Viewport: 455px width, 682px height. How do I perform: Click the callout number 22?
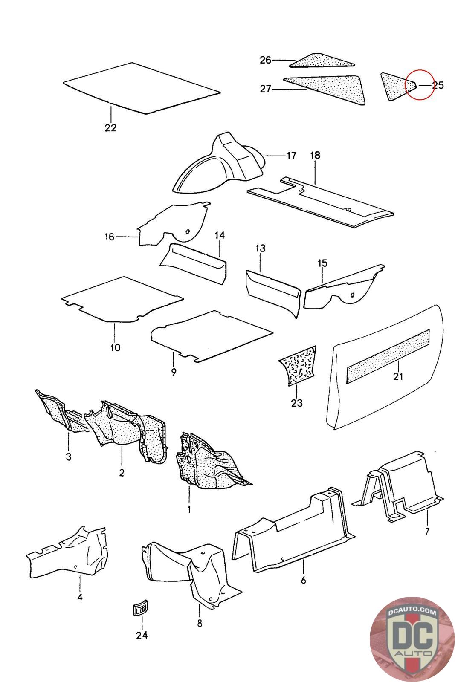tap(110, 128)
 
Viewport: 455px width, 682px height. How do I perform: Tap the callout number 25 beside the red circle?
tap(438, 85)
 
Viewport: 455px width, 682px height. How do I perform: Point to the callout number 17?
tap(291, 156)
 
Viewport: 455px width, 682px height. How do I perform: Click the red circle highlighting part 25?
tap(419, 84)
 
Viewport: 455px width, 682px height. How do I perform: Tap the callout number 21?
tap(398, 376)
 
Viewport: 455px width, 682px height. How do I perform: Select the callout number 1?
tap(189, 509)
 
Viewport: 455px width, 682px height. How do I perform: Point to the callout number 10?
tap(115, 347)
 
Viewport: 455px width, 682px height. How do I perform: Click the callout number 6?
tap(303, 580)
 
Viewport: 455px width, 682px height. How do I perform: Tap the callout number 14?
tap(220, 235)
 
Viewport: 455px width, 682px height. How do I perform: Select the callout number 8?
tap(200, 624)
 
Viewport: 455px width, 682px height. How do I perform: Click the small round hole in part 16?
tap(188, 232)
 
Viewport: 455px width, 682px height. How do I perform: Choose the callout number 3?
tap(69, 457)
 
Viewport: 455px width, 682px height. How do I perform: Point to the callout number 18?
tap(315, 155)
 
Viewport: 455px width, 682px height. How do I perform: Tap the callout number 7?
tap(427, 531)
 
